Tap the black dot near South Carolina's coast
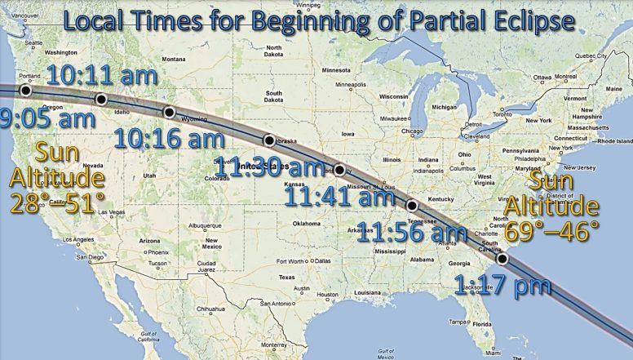(x=502, y=259)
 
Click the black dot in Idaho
(x=101, y=100)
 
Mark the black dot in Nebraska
(x=268, y=140)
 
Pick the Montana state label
(x=174, y=59)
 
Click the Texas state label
(x=286, y=277)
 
